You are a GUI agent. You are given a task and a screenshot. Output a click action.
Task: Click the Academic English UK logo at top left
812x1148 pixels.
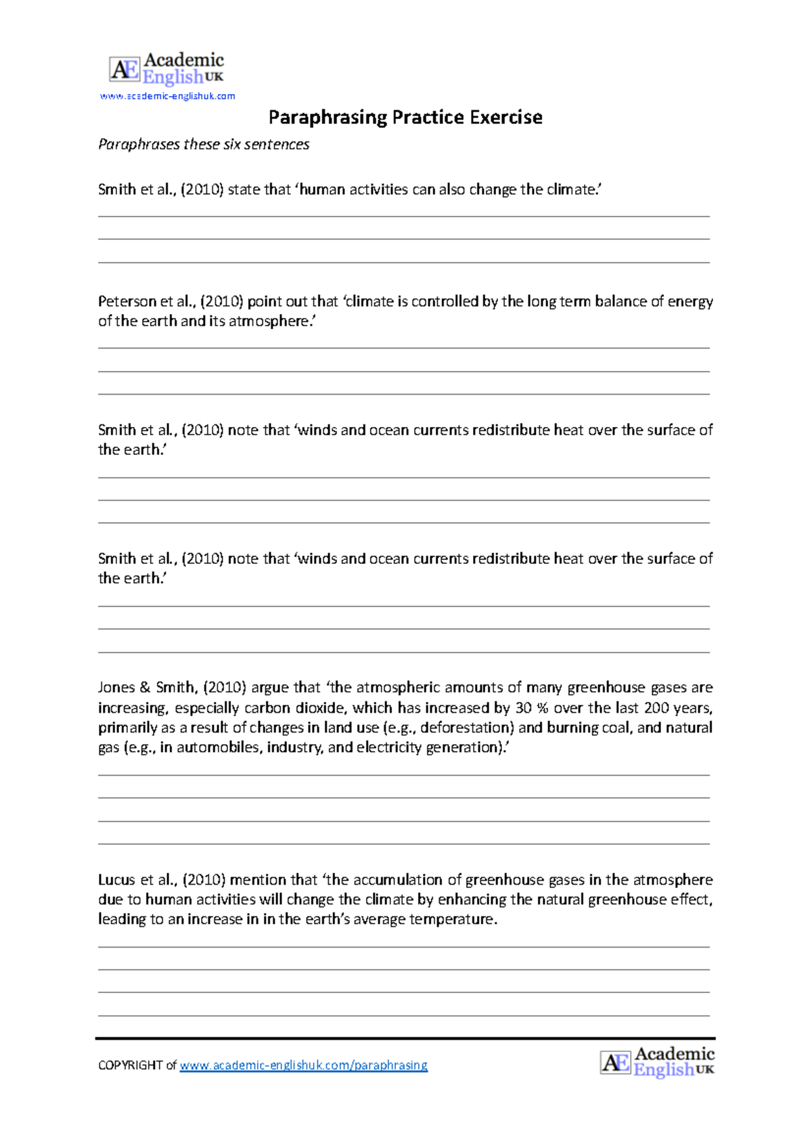pos(166,69)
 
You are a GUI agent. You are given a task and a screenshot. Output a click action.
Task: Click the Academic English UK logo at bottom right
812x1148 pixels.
pos(657,1061)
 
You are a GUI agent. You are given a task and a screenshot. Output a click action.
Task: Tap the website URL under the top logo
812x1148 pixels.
pos(167,96)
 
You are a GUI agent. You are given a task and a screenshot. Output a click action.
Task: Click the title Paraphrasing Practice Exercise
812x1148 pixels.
pos(405,117)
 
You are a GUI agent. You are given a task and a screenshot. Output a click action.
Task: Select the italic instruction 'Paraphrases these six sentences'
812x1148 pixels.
pos(204,144)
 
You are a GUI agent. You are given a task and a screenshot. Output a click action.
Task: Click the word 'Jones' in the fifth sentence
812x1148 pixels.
pos(116,687)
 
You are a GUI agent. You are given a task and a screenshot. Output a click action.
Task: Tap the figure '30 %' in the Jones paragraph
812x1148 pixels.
pos(531,707)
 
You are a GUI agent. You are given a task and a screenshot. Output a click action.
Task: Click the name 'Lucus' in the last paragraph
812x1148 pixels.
pos(116,879)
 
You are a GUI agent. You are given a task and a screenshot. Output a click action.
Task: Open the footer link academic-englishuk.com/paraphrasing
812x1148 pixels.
pos(303,1065)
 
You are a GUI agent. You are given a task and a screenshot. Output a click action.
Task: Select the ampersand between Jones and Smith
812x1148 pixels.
pos(145,687)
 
